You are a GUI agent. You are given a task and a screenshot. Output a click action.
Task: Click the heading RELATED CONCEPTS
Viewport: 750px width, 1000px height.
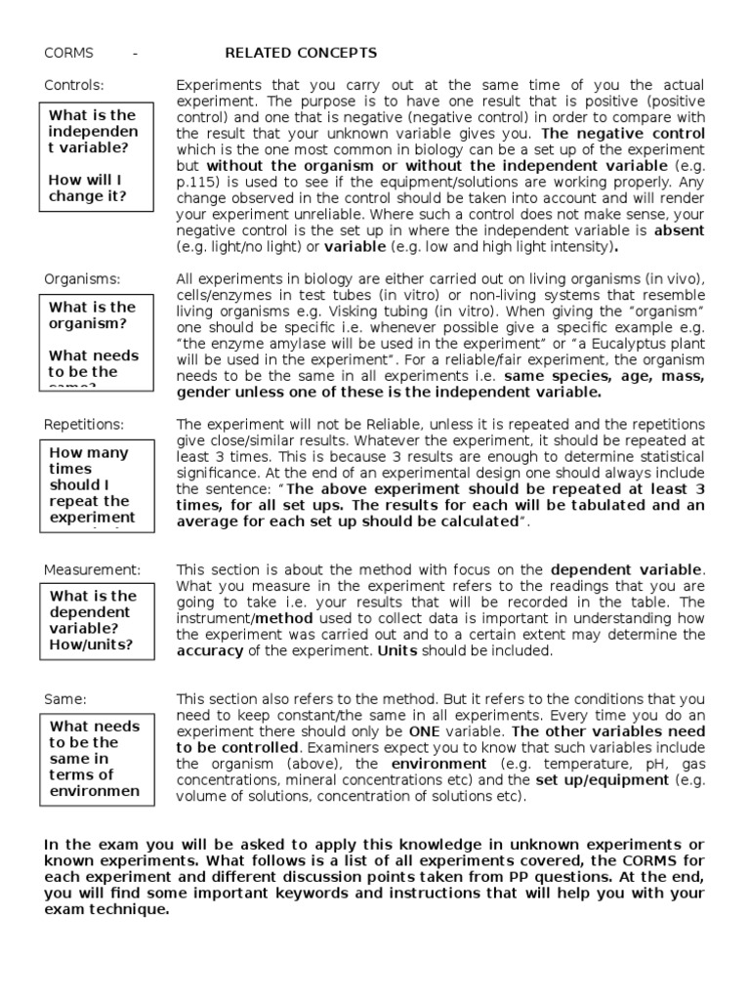(301, 53)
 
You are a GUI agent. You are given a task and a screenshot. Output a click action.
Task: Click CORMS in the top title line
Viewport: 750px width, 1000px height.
(68, 53)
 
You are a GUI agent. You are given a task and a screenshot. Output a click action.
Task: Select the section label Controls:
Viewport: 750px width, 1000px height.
(73, 85)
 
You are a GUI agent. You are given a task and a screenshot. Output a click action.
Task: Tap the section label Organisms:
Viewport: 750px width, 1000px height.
(82, 279)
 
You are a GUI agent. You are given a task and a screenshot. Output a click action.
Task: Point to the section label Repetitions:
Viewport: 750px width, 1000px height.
(84, 425)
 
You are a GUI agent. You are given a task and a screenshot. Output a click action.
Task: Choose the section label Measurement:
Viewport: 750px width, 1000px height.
(92, 569)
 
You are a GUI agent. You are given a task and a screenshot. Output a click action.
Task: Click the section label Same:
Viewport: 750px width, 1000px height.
(65, 699)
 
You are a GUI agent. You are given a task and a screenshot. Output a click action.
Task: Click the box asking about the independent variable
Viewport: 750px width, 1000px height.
(96, 156)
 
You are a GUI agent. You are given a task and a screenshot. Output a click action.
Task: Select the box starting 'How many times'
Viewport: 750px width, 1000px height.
(96, 484)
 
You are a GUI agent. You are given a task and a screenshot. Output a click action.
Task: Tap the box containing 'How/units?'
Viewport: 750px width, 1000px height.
(96, 619)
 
